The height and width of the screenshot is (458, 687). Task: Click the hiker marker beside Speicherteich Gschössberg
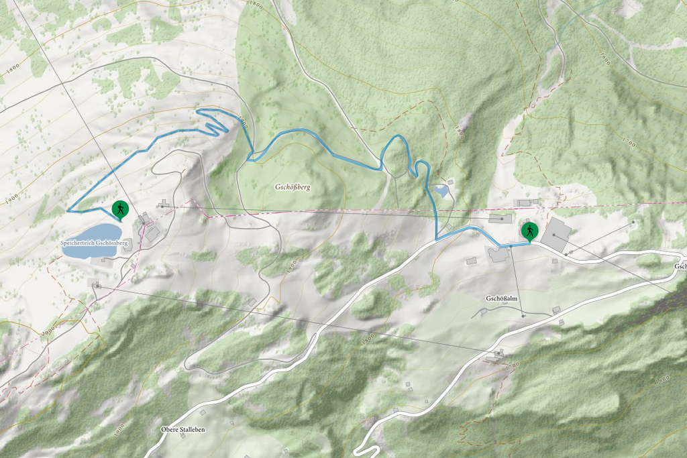120,210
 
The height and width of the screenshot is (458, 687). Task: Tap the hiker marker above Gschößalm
530,231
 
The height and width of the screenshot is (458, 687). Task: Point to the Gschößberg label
292,187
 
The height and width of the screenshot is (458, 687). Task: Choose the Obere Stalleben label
182,429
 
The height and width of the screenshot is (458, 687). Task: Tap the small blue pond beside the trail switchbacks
441,192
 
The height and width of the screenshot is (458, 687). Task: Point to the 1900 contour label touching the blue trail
242,122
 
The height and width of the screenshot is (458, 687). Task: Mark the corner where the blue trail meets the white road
437,239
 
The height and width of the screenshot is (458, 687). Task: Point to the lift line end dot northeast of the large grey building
633,222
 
